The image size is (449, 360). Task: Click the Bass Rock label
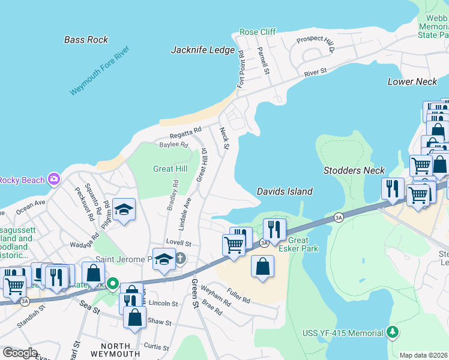pos(86,40)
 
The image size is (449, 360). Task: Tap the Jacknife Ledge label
pos(203,50)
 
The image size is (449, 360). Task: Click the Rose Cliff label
pos(258,32)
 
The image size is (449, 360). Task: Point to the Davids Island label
pos(285,191)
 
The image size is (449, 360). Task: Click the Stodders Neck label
pos(354,170)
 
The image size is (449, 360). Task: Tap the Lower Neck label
pos(412,82)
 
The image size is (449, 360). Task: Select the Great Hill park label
pos(171,169)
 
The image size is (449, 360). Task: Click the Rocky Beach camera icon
pos(55,179)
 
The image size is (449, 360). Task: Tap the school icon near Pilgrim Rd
pos(124,210)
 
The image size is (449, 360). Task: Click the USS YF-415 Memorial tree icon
pos(393,332)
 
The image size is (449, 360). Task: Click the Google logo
pos(20,353)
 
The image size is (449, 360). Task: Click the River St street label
pos(315,72)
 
